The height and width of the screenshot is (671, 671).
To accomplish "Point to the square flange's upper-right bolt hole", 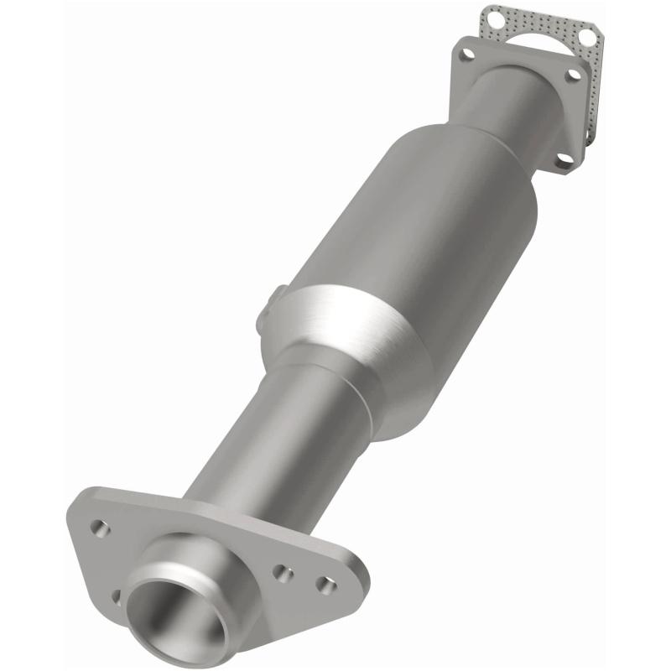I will point(574,75).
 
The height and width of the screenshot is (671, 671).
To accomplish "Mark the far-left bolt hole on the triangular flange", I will point(100,528).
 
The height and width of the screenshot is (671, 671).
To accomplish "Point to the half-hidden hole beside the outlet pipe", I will point(117,596).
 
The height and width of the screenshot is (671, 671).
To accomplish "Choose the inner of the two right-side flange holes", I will point(283,574).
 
